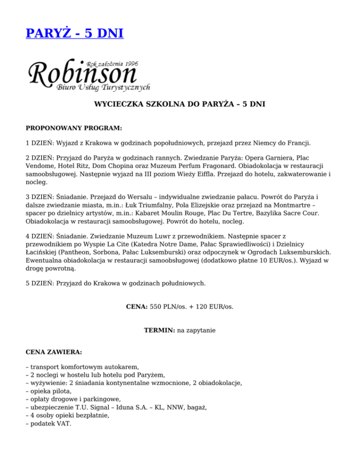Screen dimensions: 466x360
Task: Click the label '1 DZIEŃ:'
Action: (39, 143)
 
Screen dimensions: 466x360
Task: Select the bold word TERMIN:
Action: (159, 330)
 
